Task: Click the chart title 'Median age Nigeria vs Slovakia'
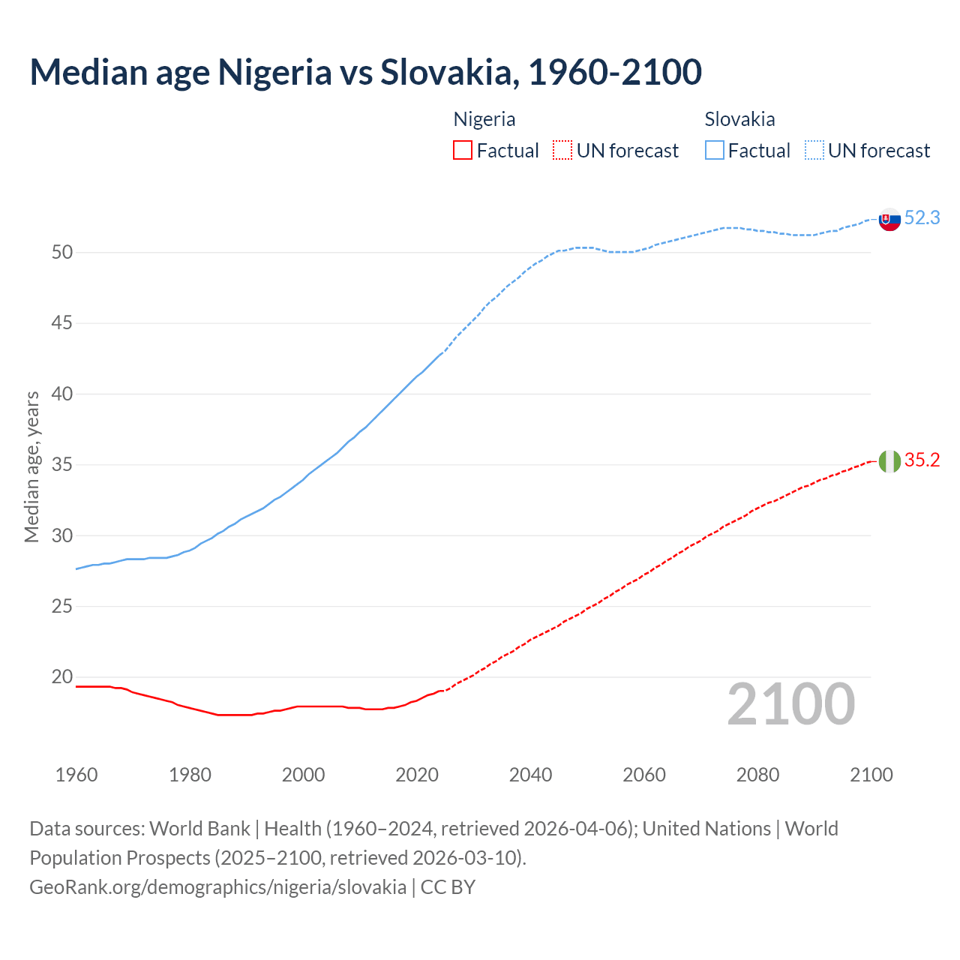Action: tap(365, 72)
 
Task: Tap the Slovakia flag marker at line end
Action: tap(889, 220)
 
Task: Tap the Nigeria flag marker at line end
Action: tap(889, 461)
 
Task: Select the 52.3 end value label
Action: tap(922, 217)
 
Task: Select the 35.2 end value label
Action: tap(922, 460)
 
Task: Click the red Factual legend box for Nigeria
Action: tap(463, 151)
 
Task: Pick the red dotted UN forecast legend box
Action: tap(562, 151)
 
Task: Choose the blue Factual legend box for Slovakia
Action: tap(715, 151)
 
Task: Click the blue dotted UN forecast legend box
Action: tap(814, 151)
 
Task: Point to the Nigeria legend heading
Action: tap(484, 119)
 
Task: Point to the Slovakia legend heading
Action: tap(739, 119)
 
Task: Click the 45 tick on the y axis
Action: tap(62, 323)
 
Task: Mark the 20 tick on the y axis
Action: tap(62, 677)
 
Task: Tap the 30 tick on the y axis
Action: tap(62, 535)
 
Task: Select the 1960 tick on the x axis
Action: tap(76, 775)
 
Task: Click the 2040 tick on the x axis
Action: tap(530, 775)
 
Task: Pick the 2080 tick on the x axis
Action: tap(757, 775)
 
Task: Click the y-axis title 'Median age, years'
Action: tap(31, 466)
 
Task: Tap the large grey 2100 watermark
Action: tap(790, 704)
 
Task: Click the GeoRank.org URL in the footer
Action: tap(217, 887)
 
